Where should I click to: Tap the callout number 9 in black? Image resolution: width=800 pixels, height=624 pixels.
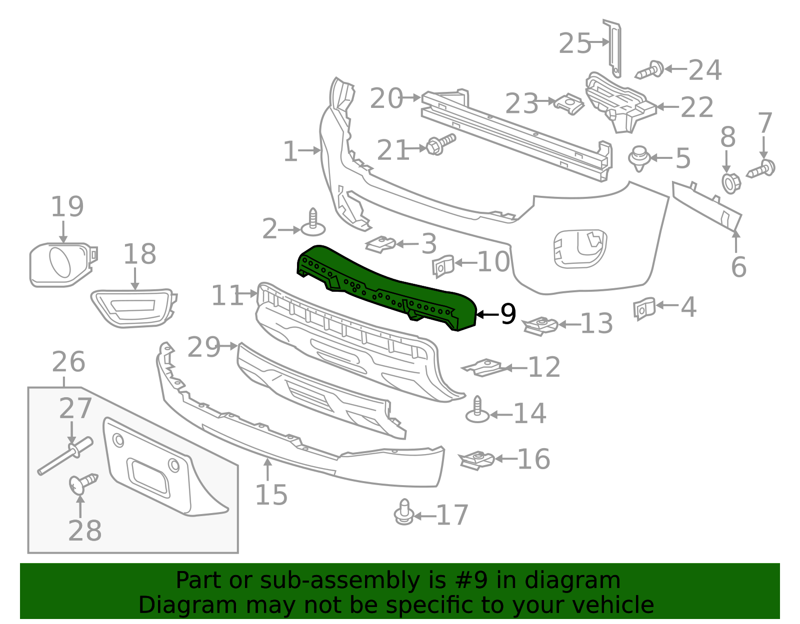[508, 314]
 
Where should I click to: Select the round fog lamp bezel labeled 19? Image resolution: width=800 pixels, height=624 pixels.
[61, 263]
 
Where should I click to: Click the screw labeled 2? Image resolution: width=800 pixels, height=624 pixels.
[313, 224]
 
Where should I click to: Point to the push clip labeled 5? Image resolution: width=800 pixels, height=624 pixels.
[638, 158]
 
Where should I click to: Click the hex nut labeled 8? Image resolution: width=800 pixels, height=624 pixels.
[730, 183]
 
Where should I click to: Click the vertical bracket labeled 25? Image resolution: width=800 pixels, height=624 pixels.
[614, 48]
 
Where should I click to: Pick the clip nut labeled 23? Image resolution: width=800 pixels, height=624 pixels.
[569, 103]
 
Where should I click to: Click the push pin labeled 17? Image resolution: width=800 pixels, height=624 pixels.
[404, 513]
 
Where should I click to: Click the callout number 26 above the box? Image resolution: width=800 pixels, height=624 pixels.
[68, 362]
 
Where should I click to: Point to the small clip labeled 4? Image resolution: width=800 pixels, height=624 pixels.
[644, 308]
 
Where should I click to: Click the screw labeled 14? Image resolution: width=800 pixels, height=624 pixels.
[477, 411]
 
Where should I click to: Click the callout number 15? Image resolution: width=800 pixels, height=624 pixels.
[271, 495]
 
